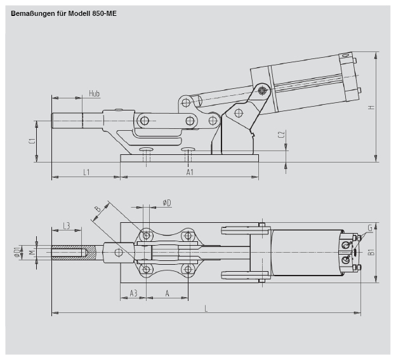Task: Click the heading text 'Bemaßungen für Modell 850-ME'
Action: tap(63, 13)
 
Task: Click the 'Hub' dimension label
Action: tap(94, 93)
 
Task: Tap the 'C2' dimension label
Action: tap(282, 135)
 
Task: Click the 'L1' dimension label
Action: tap(86, 172)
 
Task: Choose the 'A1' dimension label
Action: tap(190, 172)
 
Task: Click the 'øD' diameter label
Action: tap(167, 203)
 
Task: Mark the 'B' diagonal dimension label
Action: tap(97, 209)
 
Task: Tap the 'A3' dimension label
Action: tap(133, 293)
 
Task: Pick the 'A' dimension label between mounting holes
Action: tap(167, 293)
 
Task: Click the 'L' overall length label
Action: tap(206, 309)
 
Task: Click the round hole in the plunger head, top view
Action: tap(119, 253)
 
